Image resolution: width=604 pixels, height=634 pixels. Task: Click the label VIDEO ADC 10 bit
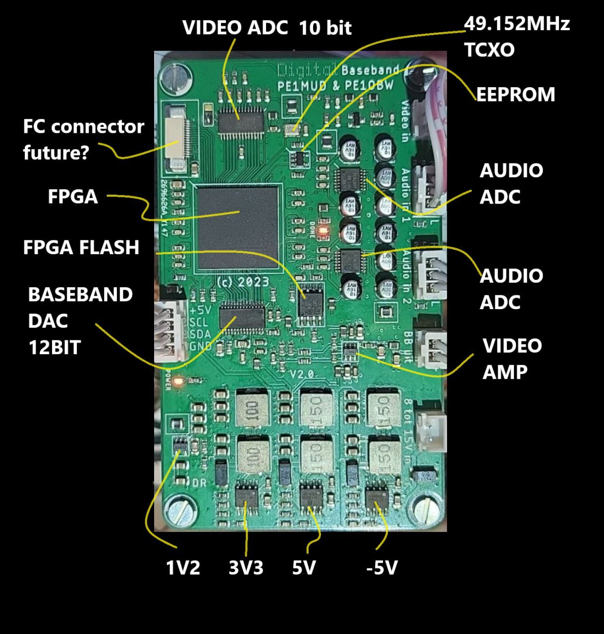[267, 28]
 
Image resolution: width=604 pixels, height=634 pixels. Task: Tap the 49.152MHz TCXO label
[516, 37]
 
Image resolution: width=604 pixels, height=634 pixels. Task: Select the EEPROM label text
[515, 94]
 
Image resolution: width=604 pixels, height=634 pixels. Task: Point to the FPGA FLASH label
[81, 247]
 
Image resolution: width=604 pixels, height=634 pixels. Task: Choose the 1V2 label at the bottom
[183, 568]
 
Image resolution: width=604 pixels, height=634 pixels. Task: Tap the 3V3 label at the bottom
[246, 568]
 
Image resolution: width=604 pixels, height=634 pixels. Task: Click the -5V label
[382, 568]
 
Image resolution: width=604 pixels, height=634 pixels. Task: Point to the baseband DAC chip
[242, 315]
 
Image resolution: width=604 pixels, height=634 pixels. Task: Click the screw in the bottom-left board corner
[177, 510]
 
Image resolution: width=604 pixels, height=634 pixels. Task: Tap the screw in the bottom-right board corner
[425, 510]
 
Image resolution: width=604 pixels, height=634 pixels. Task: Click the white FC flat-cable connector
[175, 138]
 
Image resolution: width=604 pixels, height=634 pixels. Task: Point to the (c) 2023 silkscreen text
[243, 282]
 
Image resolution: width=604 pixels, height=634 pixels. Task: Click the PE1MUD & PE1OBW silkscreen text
[335, 85]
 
